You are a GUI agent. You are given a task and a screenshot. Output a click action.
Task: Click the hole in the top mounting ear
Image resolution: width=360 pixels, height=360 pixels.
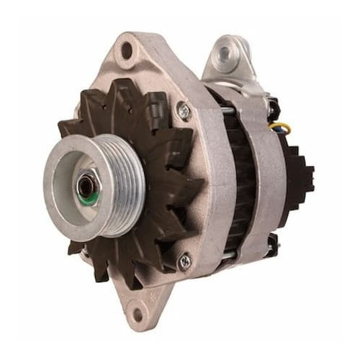tap(127, 50)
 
